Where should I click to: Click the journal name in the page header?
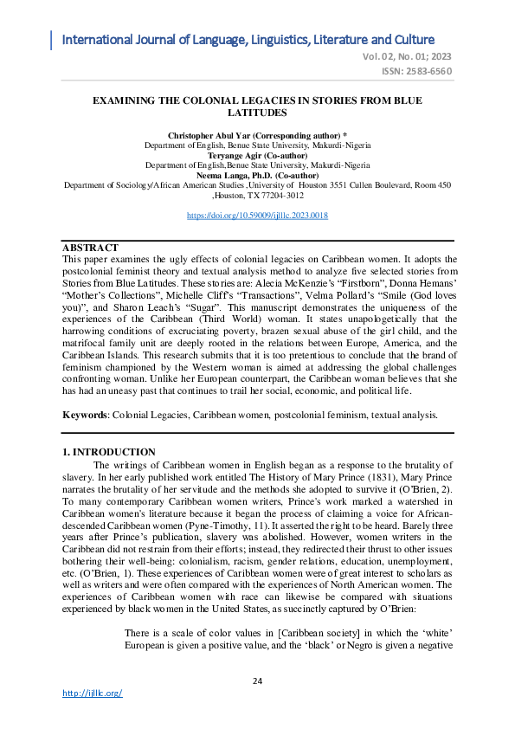[x=248, y=40]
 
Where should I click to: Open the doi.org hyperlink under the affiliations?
[x=257, y=215]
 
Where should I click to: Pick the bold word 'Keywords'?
[x=84, y=416]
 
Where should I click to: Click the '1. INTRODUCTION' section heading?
[x=110, y=453]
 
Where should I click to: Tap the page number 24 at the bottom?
[x=257, y=681]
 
